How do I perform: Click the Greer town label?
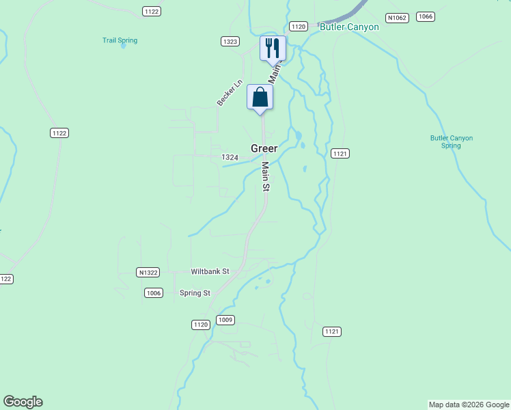tap(264, 148)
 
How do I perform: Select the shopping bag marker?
tap(260, 97)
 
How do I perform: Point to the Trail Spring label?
tap(120, 40)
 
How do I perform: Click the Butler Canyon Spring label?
tap(451, 141)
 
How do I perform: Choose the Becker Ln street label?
tap(230, 93)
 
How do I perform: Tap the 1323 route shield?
tap(230, 42)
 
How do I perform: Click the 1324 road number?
tap(230, 157)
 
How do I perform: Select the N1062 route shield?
tap(396, 17)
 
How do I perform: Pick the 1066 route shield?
tap(425, 16)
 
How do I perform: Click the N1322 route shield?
tap(148, 272)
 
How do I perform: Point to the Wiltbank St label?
tap(210, 271)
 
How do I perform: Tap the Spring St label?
tap(195, 293)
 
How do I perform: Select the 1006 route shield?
tap(154, 293)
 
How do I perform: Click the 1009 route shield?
tap(225, 320)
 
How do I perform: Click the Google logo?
tap(23, 402)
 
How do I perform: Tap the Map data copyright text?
tap(469, 405)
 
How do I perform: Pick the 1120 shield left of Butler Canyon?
tap(298, 27)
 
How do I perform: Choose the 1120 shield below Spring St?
tap(201, 325)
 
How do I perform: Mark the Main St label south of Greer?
tap(266, 176)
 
